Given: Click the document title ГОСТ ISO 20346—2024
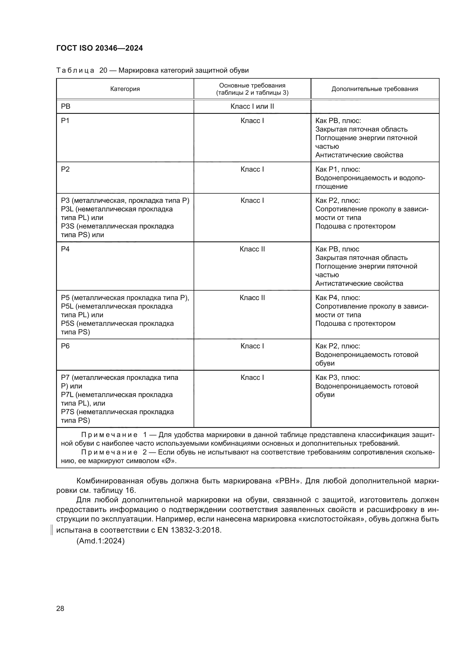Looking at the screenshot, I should click(x=99, y=48).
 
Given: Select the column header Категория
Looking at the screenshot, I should click(x=125, y=89).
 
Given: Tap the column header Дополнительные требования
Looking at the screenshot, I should click(x=375, y=89).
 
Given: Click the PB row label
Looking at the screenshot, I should click(x=65, y=107).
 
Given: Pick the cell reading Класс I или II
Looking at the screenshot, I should click(x=252, y=107).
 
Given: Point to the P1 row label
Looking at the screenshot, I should click(x=65, y=121).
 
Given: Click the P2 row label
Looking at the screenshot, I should click(x=65, y=169).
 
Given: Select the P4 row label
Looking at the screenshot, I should click(x=65, y=249).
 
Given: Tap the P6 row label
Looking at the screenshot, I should click(x=65, y=346).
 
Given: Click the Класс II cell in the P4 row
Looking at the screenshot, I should click(x=252, y=249).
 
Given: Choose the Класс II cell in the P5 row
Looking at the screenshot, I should click(x=252, y=298).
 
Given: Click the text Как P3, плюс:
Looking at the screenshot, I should click(x=337, y=378).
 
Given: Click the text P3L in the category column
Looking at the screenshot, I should click(x=68, y=209).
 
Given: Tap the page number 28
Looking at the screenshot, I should click(x=60, y=608).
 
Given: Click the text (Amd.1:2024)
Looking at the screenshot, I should click(x=100, y=541).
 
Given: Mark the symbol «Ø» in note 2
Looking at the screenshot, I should click(x=169, y=461).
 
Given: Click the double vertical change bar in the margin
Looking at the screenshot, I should click(x=51, y=530).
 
